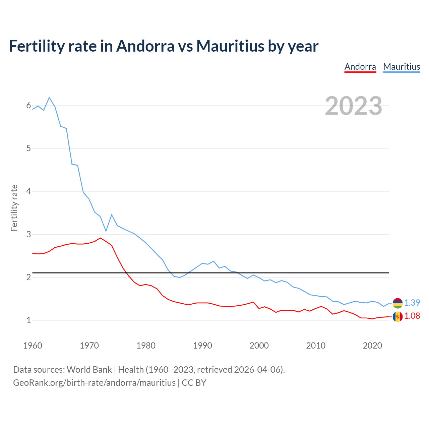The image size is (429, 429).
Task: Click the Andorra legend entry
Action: click(x=360, y=67)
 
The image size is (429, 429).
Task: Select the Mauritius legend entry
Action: click(x=402, y=67)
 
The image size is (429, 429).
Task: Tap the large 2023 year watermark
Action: click(x=353, y=106)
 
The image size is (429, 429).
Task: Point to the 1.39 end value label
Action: click(x=412, y=303)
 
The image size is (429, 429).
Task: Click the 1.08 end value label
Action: click(x=412, y=316)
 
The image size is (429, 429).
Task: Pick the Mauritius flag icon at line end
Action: click(x=397, y=303)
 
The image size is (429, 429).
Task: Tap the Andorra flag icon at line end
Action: click(x=397, y=316)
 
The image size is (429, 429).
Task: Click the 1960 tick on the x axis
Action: click(x=33, y=346)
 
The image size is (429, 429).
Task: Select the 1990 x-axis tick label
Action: click(x=202, y=346)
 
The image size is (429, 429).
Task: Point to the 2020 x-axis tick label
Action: click(x=372, y=346)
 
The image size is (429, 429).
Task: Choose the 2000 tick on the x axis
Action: click(x=259, y=346)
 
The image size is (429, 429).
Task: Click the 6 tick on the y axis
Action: click(x=28, y=106)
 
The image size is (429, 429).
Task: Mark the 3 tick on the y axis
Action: click(x=28, y=234)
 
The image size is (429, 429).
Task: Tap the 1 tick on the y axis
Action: click(x=28, y=320)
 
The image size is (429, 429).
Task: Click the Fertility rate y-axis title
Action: click(x=14, y=208)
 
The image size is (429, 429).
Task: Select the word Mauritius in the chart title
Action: click(x=230, y=46)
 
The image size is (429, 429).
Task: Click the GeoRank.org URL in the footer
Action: click(x=94, y=383)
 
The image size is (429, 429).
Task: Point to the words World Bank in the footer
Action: click(x=89, y=370)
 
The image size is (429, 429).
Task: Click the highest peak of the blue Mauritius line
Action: click(x=49, y=98)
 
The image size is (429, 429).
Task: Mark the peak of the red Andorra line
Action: click(x=100, y=238)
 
